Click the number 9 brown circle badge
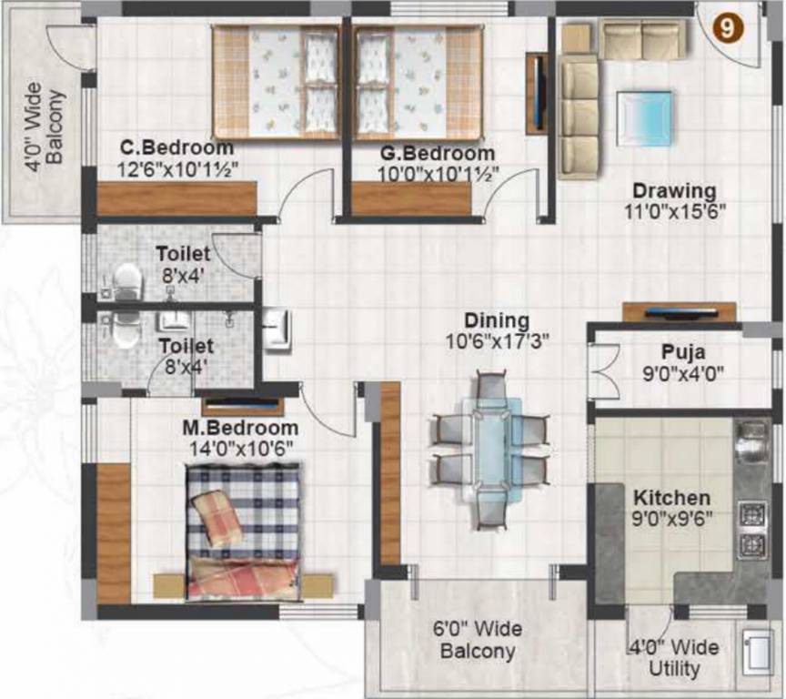727,28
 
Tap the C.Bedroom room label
176,148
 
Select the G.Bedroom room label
436,154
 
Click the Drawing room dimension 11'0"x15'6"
673,211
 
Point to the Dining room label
496,320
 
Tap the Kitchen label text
671,498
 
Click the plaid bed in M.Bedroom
243,531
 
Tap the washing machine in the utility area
757,652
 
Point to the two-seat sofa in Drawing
644,40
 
